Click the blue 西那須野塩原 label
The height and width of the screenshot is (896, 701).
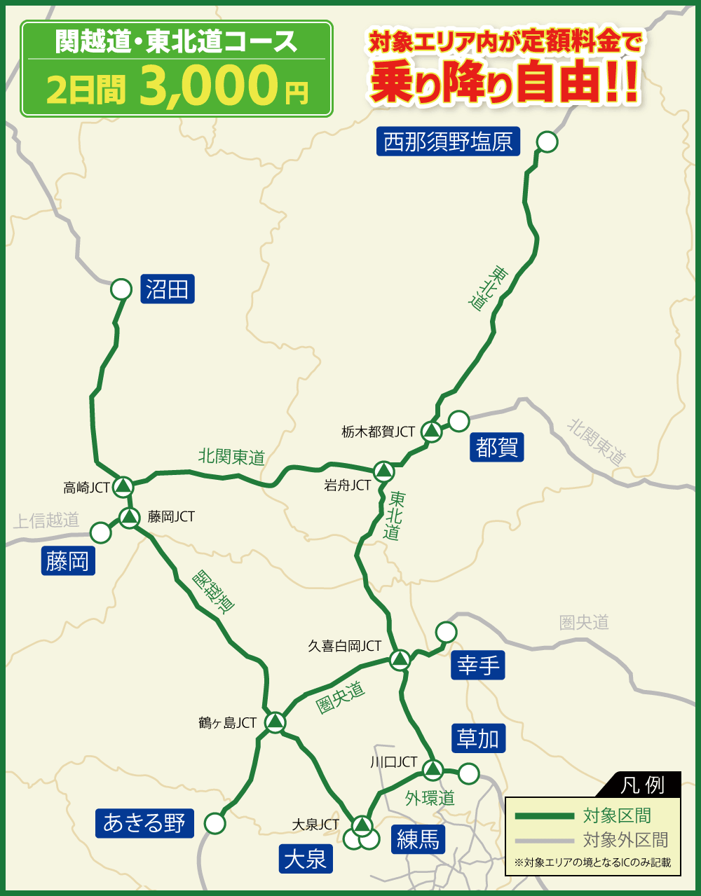(448, 142)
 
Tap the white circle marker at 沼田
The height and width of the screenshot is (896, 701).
(121, 289)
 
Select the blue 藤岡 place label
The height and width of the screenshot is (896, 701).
(68, 561)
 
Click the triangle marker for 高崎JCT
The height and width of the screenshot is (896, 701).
(123, 485)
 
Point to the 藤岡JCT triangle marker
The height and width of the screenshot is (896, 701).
(130, 518)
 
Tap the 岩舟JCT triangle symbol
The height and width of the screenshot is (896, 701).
(383, 471)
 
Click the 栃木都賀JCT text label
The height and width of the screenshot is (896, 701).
(379, 432)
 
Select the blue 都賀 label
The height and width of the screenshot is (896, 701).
(496, 447)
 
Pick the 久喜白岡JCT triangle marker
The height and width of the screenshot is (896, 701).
(400, 659)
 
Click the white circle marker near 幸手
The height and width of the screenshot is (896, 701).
(446, 632)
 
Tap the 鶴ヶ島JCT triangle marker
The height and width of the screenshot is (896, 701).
(275, 721)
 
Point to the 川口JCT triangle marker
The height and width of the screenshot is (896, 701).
(433, 769)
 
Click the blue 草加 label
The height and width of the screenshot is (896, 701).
(478, 738)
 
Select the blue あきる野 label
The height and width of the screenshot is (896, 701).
(144, 823)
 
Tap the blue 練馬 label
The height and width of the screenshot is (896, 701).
(418, 839)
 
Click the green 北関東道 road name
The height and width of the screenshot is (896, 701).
(231, 457)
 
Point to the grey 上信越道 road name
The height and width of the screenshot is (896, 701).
(46, 521)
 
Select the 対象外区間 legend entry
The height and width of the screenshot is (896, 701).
(625, 839)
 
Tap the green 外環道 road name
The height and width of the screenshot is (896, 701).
(430, 798)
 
